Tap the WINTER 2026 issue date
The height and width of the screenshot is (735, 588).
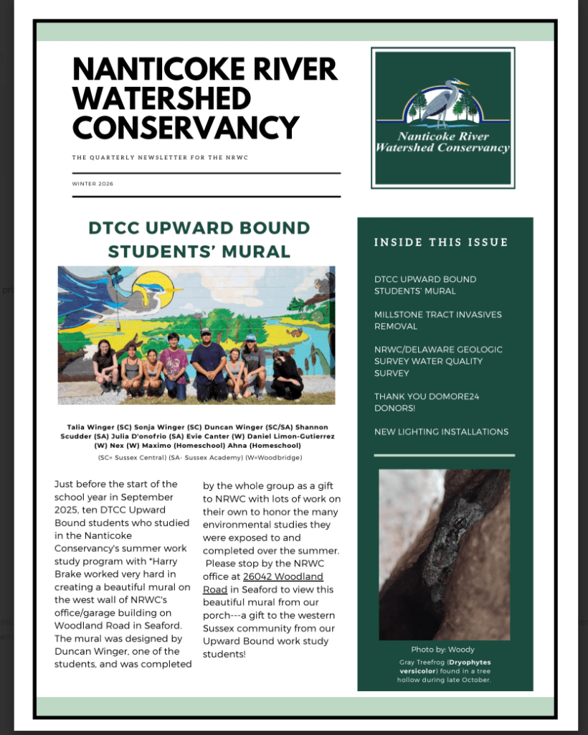click(93, 184)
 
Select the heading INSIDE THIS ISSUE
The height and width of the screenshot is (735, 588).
click(441, 243)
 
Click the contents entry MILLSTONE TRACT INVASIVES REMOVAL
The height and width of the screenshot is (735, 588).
click(437, 320)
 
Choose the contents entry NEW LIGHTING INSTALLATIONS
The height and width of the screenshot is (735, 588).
click(441, 431)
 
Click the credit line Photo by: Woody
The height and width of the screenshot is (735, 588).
click(442, 650)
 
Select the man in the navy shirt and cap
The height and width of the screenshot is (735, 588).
click(209, 362)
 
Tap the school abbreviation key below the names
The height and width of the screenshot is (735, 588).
click(199, 457)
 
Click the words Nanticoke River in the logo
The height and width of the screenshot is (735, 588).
click(443, 136)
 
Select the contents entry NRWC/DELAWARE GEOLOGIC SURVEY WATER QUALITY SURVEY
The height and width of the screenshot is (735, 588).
click(438, 361)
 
